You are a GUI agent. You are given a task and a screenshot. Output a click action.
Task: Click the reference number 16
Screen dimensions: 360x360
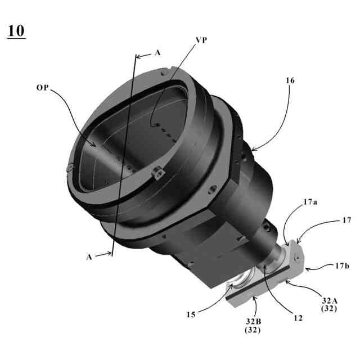tap(290, 80)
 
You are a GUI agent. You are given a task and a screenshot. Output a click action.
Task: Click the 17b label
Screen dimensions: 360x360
tap(334, 266)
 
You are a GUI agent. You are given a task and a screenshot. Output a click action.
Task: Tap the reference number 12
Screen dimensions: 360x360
tap(298, 318)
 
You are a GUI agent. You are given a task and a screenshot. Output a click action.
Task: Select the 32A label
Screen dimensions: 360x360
tap(330, 300)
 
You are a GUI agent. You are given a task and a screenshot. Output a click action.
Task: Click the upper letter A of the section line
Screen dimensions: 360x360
tap(157, 53)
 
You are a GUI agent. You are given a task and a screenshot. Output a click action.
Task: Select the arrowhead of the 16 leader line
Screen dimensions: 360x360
tap(251, 150)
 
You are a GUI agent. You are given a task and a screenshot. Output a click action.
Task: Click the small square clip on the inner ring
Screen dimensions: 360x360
tap(157, 173)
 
